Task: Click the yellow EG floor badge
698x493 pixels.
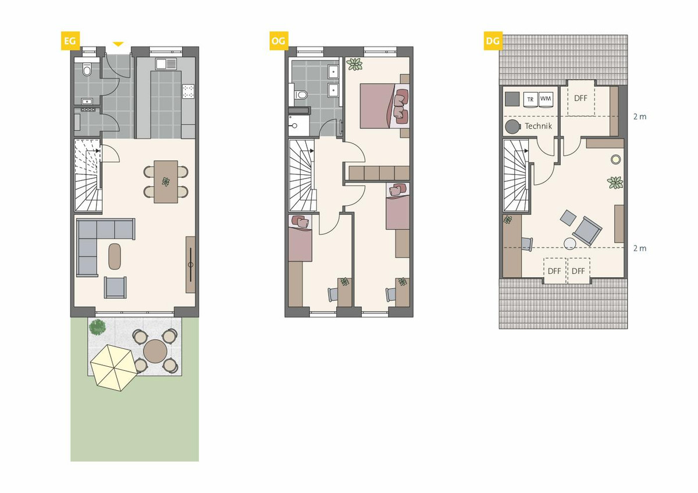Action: (70, 41)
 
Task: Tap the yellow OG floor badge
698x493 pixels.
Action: (279, 41)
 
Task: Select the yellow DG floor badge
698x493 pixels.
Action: (493, 41)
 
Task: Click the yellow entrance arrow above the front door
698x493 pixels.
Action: (118, 44)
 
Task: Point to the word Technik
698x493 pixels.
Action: (538, 126)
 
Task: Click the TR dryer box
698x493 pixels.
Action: (530, 99)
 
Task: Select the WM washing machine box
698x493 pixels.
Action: (546, 99)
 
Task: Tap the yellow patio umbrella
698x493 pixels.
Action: (114, 367)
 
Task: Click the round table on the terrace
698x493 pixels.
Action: (155, 351)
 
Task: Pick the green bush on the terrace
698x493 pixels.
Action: (97, 327)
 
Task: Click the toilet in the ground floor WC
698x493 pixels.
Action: (87, 70)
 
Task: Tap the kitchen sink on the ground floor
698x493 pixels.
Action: (166, 64)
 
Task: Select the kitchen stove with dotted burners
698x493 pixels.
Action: (188, 91)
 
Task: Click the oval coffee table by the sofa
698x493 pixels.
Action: (115, 256)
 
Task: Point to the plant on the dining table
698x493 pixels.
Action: (166, 181)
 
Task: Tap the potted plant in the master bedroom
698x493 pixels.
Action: (355, 65)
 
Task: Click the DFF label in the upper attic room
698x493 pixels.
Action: (581, 98)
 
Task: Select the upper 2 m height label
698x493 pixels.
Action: (640, 117)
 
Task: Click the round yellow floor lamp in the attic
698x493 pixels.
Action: (615, 159)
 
